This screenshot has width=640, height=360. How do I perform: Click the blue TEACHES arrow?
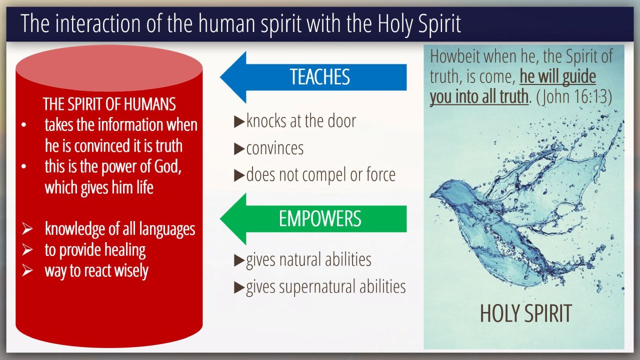coord(313,77)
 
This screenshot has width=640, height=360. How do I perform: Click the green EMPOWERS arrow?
coord(313,219)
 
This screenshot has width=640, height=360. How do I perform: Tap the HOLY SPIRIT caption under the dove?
coord(525,313)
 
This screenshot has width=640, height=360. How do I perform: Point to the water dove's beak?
coord(432,195)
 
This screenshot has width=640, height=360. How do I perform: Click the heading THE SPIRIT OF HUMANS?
coord(109,104)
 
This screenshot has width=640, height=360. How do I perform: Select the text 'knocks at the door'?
coord(301,121)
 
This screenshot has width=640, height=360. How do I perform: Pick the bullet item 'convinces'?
coord(275,148)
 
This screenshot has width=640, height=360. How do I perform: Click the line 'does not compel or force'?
coord(321,175)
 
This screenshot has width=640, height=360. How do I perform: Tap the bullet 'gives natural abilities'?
coord(308,260)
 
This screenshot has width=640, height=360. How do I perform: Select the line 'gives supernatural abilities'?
coord(325,287)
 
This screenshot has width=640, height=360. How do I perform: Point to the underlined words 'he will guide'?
coord(557,76)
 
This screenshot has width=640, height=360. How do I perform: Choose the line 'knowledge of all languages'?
coord(120,229)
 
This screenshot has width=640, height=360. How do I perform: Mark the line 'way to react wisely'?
coord(96,271)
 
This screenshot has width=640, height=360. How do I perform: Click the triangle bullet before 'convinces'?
coord(239,149)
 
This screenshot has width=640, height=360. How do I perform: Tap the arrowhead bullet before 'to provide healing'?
coord(27,250)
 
